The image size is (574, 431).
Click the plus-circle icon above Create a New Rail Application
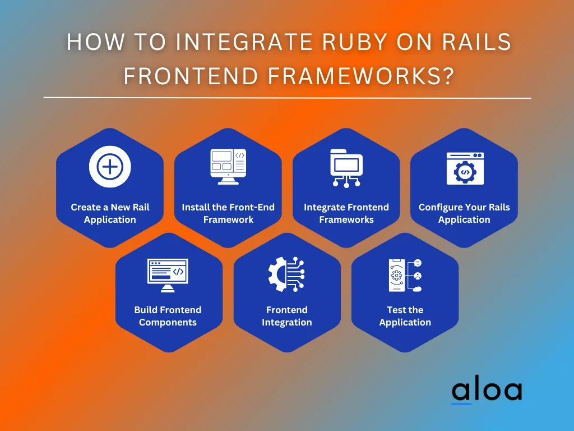[x=110, y=167]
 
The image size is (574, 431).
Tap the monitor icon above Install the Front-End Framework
[x=228, y=167]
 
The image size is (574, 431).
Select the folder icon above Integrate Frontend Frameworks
[x=346, y=167]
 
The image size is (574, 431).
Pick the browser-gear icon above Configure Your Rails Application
[x=465, y=168]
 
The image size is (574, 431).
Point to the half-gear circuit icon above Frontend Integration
[x=286, y=273]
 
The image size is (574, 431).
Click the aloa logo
[x=486, y=392]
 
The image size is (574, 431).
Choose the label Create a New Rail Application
[x=110, y=213]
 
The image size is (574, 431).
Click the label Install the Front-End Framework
[x=228, y=213]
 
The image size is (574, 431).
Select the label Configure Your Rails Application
[x=464, y=213]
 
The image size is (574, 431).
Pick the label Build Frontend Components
[x=168, y=316]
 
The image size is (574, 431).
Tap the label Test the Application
[x=405, y=316]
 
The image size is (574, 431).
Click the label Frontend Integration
[x=286, y=316]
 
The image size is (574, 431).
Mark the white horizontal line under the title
[x=287, y=98]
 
